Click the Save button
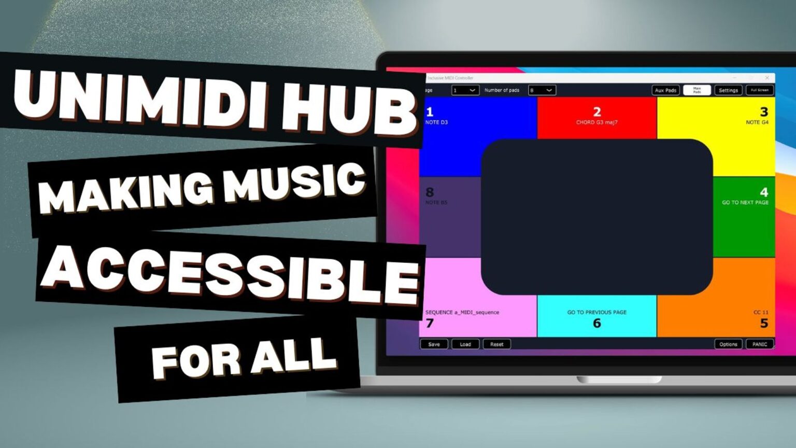[434, 344]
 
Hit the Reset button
[496, 344]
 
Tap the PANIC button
[760, 344]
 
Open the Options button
[728, 344]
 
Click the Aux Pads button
[665, 90]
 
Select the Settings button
[728, 90]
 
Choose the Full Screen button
[760, 90]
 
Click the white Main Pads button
[697, 90]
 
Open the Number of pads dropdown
[542, 90]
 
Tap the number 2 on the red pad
[597, 111]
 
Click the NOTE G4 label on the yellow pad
[757, 122]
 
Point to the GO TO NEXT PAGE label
[745, 203]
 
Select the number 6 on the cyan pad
[597, 323]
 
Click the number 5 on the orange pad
[764, 323]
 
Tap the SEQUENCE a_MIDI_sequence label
[462, 312]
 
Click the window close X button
[767, 78]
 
